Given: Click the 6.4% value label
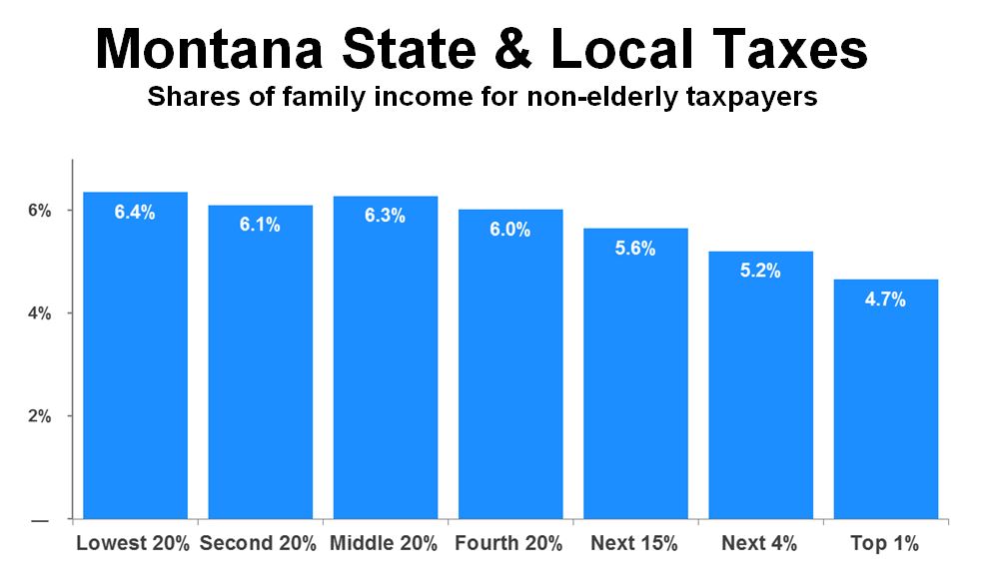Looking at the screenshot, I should click(x=134, y=213).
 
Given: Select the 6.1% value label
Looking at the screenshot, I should click(x=260, y=225).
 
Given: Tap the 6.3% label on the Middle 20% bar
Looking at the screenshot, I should click(x=385, y=217).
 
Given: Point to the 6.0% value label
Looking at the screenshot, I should click(x=509, y=230).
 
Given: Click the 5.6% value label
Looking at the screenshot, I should click(x=635, y=249).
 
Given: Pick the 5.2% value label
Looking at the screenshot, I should click(x=760, y=271).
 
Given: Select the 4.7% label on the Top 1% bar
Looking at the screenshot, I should click(x=885, y=298).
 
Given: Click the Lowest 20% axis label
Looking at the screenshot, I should click(x=134, y=544).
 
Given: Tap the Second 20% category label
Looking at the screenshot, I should click(x=258, y=544).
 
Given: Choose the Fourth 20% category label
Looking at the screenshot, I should click(x=508, y=544).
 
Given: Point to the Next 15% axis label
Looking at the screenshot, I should click(x=634, y=544).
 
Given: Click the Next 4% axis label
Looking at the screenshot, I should click(x=759, y=544).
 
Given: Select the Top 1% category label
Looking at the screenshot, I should click(x=884, y=544).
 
